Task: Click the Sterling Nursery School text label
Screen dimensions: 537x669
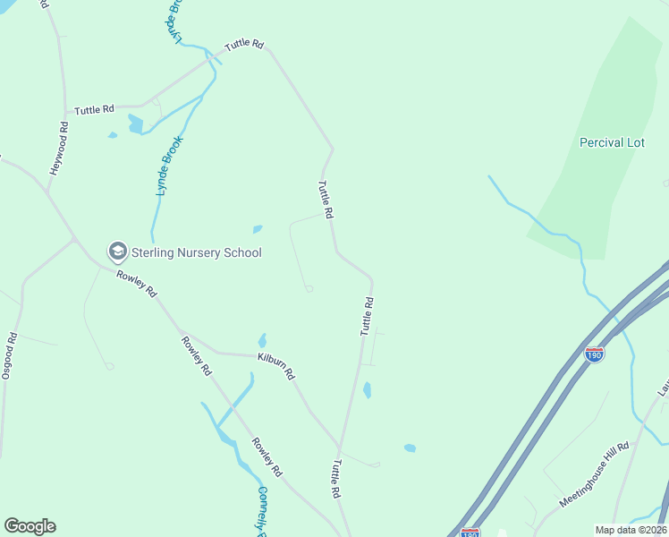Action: tap(197, 252)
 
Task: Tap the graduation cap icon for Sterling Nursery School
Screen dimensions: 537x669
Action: tap(117, 251)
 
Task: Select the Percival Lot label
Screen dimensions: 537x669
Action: tap(612, 142)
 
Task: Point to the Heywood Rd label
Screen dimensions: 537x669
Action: tap(59, 148)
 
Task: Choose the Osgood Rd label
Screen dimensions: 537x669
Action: tap(9, 356)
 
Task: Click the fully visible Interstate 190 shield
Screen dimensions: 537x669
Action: tap(594, 354)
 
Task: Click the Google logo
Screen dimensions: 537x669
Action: tap(30, 526)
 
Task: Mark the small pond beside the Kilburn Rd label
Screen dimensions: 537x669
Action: tap(262, 340)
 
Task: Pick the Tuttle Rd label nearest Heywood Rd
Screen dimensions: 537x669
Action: tap(94, 109)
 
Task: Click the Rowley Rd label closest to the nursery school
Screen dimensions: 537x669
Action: tap(137, 284)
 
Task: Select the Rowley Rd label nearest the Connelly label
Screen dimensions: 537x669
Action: tap(267, 456)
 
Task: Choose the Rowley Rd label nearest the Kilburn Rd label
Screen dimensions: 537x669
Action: tap(196, 355)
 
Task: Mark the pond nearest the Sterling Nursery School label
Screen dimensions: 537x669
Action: tap(258, 229)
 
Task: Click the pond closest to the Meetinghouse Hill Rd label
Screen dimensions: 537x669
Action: tap(410, 447)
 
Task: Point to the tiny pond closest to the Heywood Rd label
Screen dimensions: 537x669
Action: tap(113, 135)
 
